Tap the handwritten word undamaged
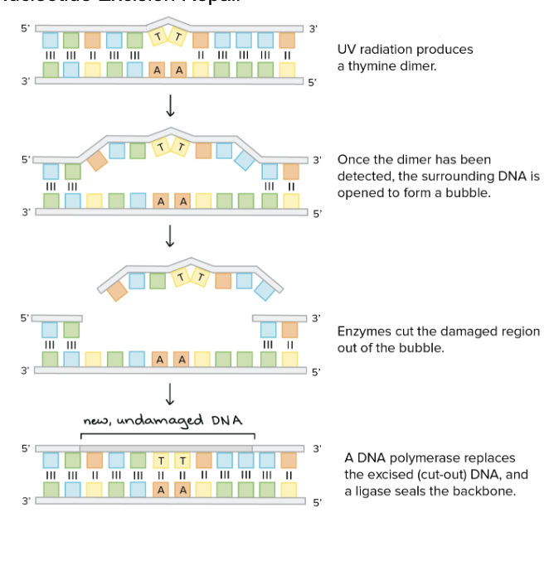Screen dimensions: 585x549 click(159, 420)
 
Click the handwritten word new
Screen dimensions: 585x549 click(96, 422)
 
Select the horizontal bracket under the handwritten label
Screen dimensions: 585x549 click(168, 433)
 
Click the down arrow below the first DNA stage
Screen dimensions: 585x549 click(170, 105)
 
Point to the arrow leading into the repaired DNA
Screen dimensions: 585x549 click(170, 394)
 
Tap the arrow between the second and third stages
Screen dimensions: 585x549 click(170, 236)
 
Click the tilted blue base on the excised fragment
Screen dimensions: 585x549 click(265, 289)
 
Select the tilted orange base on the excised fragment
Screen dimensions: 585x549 click(117, 289)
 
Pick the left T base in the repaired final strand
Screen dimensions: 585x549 click(162, 460)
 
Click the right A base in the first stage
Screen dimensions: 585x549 click(178, 70)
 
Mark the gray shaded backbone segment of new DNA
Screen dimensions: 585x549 click(165, 447)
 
